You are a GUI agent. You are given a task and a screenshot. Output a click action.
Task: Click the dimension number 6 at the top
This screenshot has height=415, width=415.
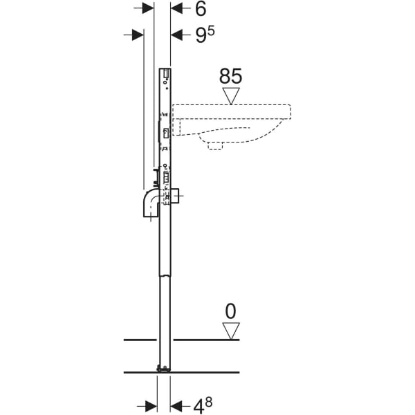tap(201, 9)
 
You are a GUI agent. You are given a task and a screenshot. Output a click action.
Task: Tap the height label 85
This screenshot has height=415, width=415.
tap(231, 75)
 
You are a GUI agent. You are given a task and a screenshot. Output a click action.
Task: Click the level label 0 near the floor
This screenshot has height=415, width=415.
tap(231, 311)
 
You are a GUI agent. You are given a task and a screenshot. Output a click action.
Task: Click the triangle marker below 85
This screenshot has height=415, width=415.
tap(231, 95)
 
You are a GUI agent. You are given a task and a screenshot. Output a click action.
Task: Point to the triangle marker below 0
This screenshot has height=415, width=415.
tap(231, 331)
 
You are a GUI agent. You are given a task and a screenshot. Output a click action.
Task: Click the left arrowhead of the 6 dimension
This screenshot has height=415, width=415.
tap(147, 8)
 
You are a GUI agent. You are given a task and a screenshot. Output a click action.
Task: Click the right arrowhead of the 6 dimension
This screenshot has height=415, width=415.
tap(176, 8)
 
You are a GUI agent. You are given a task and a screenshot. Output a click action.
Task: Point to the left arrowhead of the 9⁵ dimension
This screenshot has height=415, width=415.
tap(137, 35)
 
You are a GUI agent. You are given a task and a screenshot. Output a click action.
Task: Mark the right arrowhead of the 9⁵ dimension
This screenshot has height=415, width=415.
tap(176, 35)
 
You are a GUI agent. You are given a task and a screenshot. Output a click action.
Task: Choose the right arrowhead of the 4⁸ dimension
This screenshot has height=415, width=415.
tap(176, 405)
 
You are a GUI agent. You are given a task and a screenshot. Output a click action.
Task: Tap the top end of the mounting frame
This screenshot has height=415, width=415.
tap(165, 70)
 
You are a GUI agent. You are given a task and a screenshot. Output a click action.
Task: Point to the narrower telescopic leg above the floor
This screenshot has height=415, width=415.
tap(163, 311)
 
